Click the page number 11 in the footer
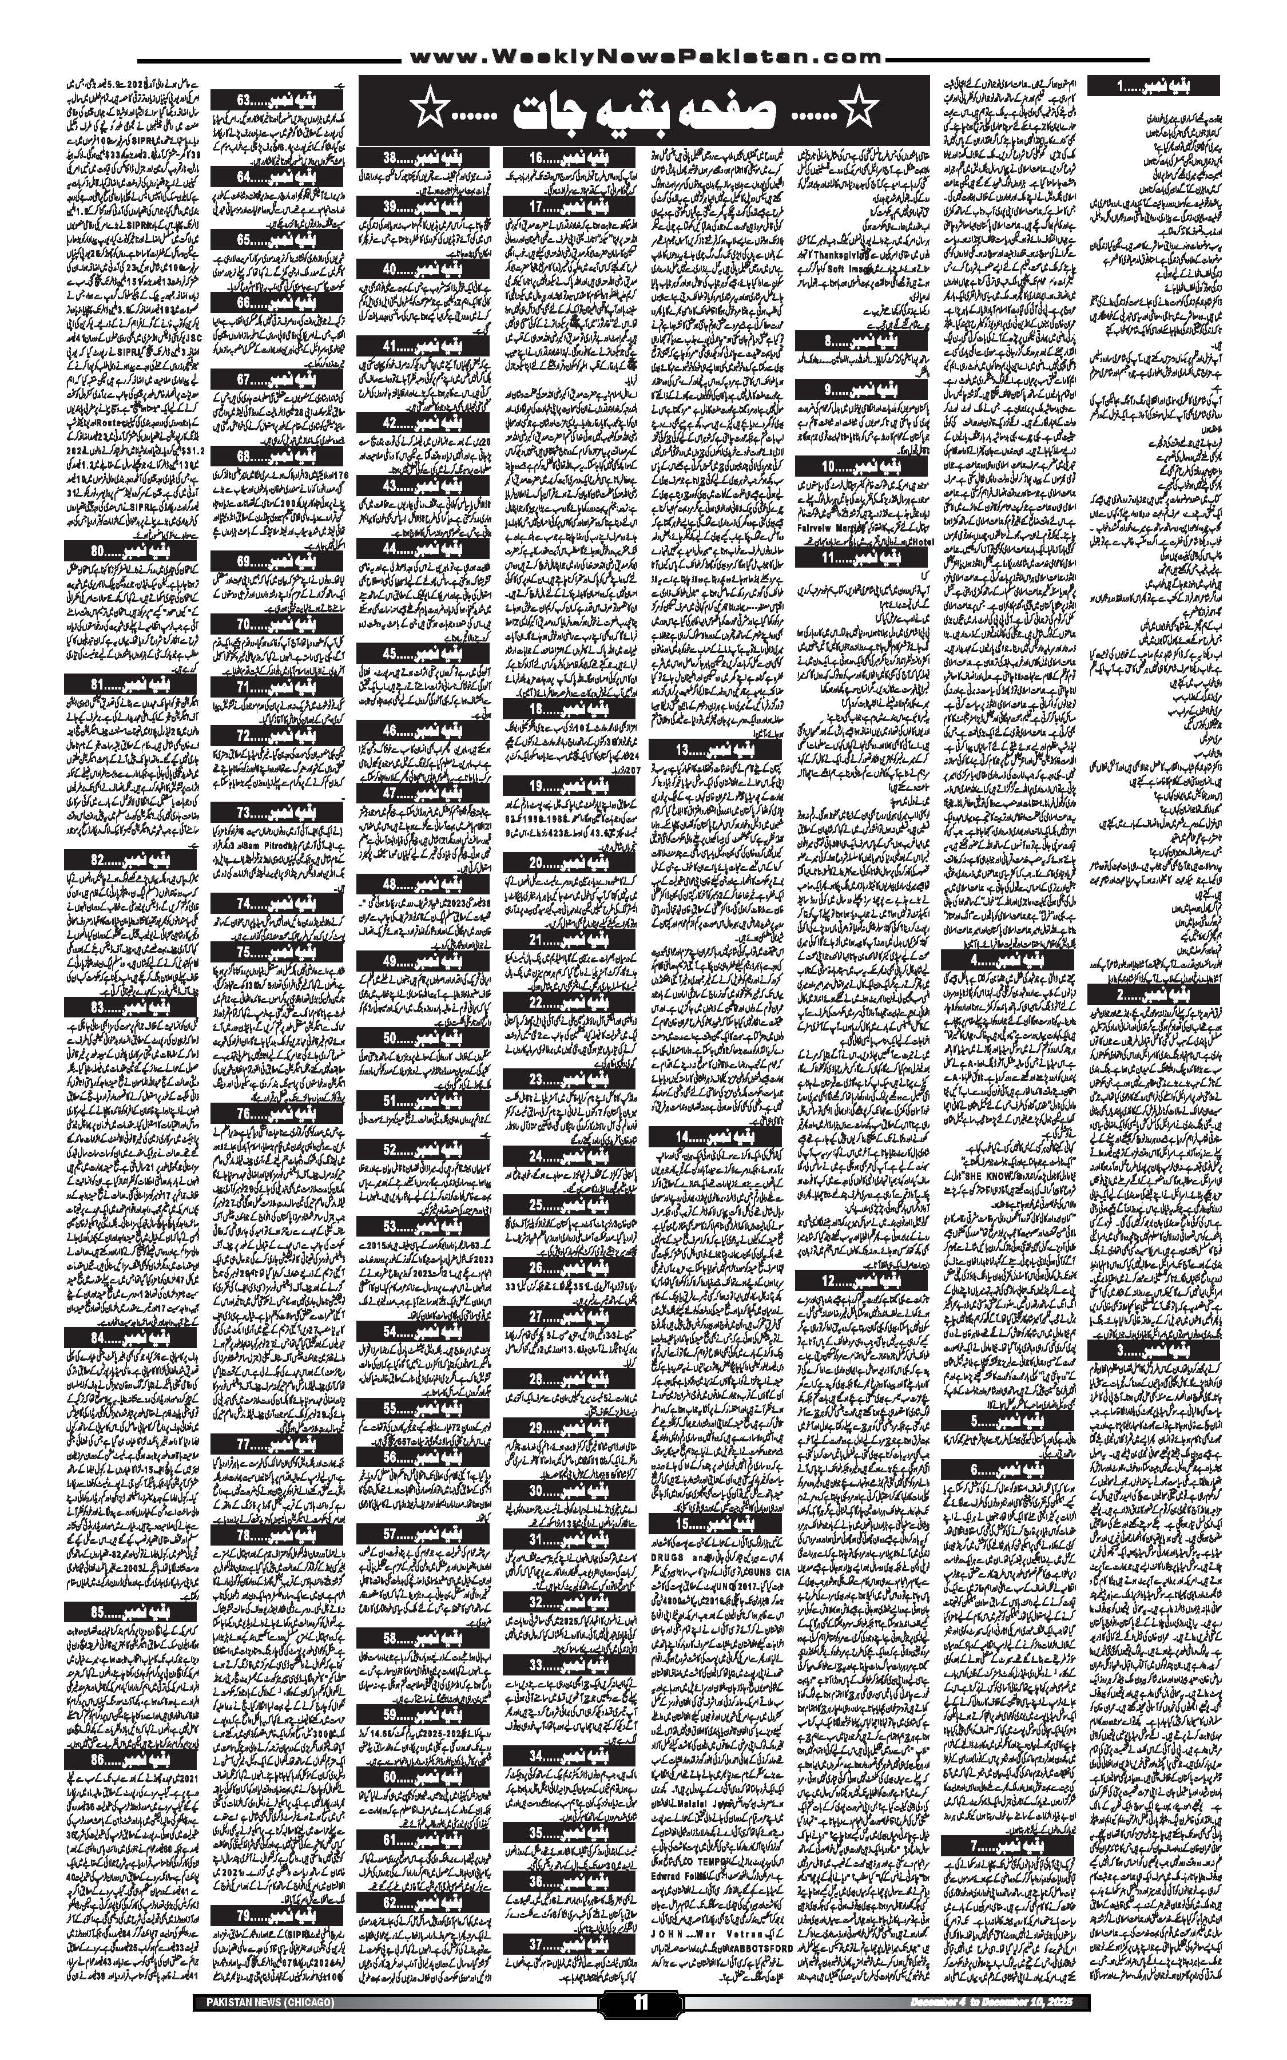pyautogui.click(x=641, y=2023)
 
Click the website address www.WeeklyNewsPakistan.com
pyautogui.click(x=643, y=58)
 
